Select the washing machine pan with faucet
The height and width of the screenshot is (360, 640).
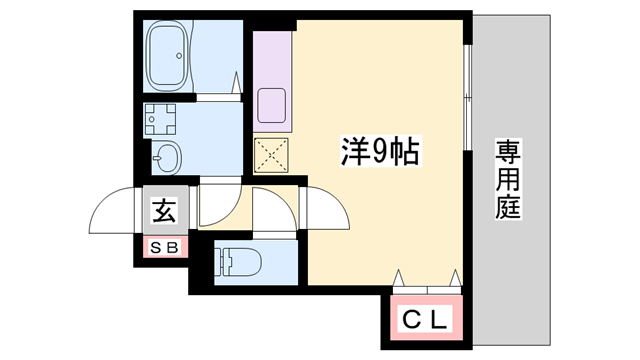[161, 120]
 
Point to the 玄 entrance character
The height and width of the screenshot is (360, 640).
[163, 211]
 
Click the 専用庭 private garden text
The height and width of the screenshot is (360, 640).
[509, 180]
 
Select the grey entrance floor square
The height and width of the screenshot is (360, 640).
[163, 211]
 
